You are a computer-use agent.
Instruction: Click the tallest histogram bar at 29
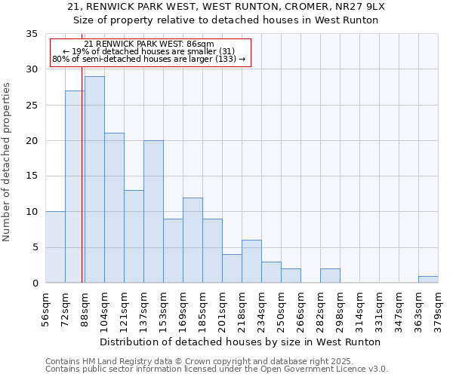point(94,179)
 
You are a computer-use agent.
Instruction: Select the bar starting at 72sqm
point(75,187)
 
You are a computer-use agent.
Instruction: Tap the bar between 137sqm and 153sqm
point(153,211)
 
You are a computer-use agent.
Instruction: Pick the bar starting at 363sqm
point(428,279)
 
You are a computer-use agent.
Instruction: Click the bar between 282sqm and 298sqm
point(330,275)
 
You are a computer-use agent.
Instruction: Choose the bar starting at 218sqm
point(251,261)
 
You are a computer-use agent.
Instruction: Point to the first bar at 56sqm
point(55,247)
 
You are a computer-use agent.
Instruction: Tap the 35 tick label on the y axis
point(32,34)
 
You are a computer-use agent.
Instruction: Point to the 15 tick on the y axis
point(32,176)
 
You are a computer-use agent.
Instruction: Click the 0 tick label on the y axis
point(35,283)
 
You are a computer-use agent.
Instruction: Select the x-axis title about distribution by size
point(240,342)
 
